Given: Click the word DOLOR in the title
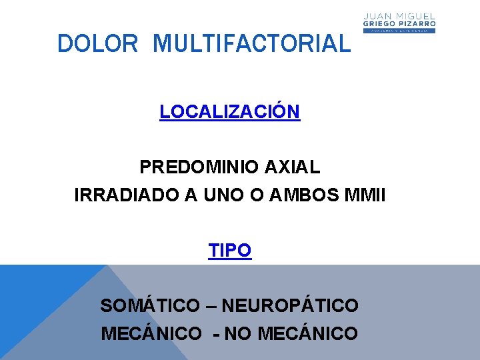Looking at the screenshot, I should point(97,44).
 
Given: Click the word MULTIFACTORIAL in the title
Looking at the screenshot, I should point(251,44).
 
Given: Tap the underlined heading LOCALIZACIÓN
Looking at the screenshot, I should point(230,111).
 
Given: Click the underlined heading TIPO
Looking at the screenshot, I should point(230,251).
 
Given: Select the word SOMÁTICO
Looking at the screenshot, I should point(149,306).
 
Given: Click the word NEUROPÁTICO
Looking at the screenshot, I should point(290,306).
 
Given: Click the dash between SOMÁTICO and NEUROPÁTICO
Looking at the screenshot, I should point(210,307).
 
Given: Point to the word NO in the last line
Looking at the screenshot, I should point(238,333).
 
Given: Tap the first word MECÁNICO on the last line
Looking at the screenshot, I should point(151,333).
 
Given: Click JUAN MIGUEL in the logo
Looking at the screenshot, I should point(399,15).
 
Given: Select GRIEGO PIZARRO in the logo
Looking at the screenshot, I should point(399,23).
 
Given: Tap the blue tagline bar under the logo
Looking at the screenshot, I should point(399,31).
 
